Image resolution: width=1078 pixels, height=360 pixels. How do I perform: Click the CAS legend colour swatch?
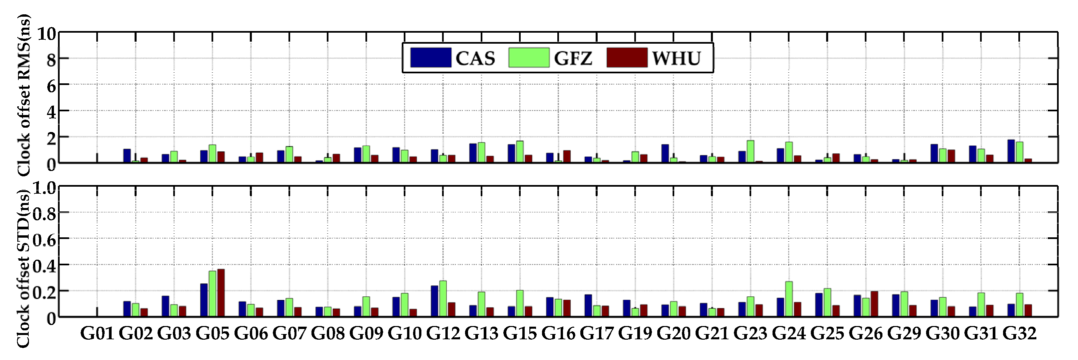click(x=431, y=58)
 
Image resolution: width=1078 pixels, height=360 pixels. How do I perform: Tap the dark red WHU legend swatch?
click(x=627, y=58)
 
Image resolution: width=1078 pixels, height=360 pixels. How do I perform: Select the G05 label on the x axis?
click(x=212, y=334)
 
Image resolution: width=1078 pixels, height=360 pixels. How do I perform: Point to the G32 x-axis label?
click(x=1019, y=334)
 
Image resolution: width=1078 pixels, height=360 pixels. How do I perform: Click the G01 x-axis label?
click(x=97, y=334)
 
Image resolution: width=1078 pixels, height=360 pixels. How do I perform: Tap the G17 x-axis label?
click(x=596, y=334)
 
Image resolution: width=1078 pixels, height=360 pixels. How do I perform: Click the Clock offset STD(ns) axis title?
click(x=24, y=268)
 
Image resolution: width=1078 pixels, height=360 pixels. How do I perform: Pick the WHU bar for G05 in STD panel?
click(x=221, y=293)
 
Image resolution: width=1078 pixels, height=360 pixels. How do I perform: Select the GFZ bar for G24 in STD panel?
click(x=789, y=299)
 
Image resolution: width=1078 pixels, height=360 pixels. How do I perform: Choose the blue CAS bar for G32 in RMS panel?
click(x=1011, y=152)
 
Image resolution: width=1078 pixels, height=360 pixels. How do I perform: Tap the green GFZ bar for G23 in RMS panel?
click(x=750, y=152)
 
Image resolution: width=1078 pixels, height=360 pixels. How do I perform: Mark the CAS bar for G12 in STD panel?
click(x=434, y=301)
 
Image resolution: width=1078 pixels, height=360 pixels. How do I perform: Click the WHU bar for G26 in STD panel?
click(x=874, y=304)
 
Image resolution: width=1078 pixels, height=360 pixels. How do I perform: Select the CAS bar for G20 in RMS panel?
click(x=665, y=154)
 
